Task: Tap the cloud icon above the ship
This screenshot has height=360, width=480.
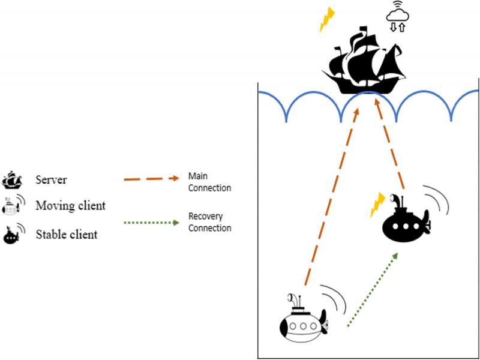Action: point(396,12)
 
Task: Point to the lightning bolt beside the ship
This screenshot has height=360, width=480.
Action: point(326,19)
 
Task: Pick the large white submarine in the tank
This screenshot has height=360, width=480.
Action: point(303,321)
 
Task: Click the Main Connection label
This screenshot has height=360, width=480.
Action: point(209,181)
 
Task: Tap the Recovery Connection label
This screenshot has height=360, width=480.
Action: point(209,221)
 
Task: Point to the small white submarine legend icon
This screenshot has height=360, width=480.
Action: point(12,206)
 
